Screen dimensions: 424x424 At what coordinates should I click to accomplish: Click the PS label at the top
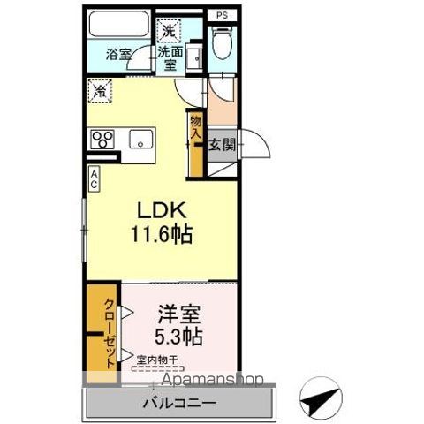click(x=221, y=13)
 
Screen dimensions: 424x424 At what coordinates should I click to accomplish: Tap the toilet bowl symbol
click(x=221, y=41)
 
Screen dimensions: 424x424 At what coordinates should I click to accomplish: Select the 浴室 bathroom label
click(x=119, y=54)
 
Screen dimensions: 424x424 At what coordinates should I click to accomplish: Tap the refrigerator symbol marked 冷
click(x=100, y=90)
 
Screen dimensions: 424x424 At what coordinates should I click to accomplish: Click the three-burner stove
click(x=102, y=139)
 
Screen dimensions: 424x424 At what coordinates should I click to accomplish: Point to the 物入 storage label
click(x=194, y=125)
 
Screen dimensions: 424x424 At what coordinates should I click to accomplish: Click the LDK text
click(x=160, y=211)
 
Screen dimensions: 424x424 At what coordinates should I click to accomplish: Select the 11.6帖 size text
click(x=163, y=236)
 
